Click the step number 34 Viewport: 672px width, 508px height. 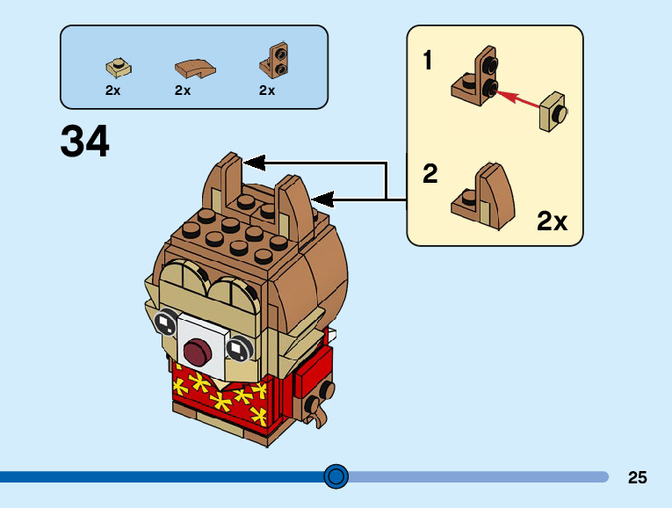85,141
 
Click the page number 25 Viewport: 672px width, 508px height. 638,477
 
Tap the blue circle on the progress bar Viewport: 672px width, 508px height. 336,476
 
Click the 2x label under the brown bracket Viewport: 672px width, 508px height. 267,90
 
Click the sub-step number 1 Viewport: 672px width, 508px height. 428,62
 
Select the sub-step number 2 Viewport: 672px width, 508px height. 430,174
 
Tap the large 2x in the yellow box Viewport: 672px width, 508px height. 552,221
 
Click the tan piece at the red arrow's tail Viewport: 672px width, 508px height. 554,112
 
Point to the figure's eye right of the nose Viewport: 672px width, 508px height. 237,350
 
